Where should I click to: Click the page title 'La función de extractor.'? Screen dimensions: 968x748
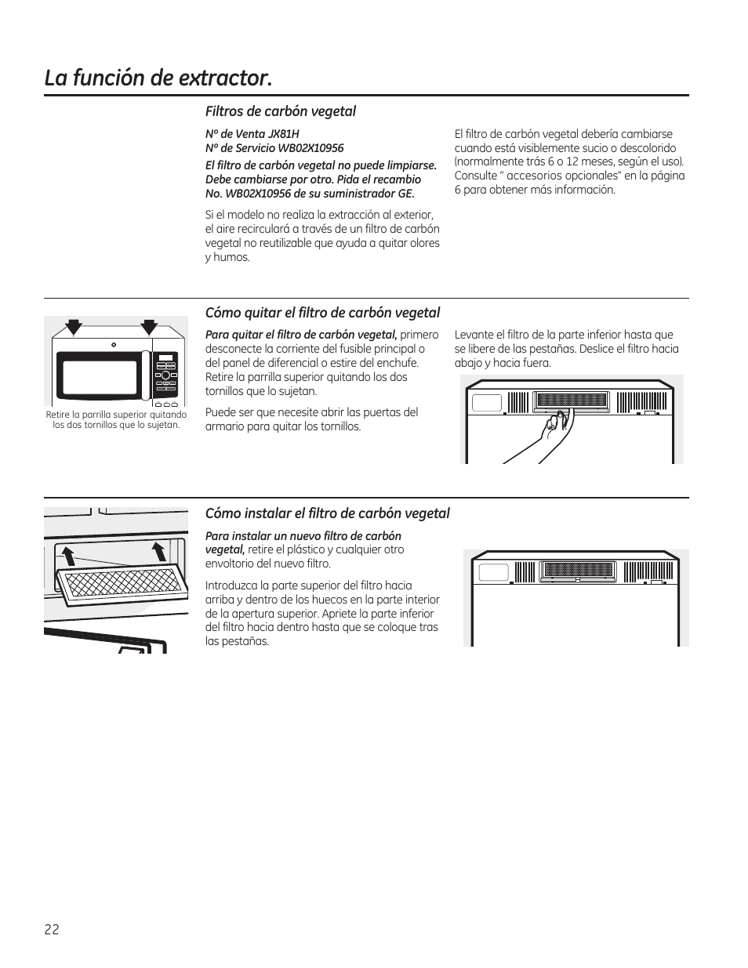point(158,78)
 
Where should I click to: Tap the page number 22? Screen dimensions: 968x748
point(52,930)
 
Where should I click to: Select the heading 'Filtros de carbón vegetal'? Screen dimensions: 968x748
point(280,111)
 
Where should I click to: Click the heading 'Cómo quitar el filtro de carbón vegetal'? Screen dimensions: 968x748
point(322,313)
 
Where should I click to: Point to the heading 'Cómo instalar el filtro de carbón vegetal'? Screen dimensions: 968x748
point(327,513)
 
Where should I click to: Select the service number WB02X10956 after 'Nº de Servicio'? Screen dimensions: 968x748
point(310,148)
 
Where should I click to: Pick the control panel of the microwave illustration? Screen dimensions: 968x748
point(165,374)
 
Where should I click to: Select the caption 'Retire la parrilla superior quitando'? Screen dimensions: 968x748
point(116,415)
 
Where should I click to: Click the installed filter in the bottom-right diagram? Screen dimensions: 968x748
point(579,569)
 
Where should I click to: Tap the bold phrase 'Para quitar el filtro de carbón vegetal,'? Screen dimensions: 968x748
point(301,335)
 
